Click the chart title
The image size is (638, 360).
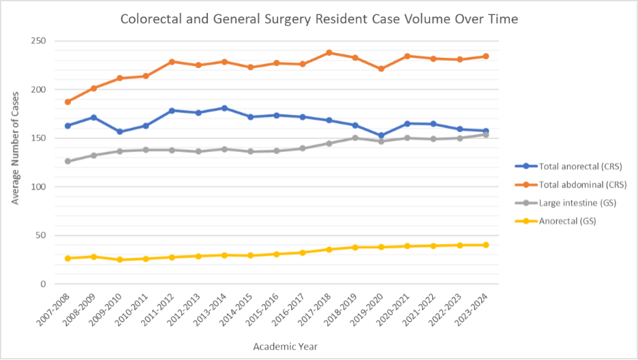[x=319, y=19]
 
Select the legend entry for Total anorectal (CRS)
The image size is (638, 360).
[x=579, y=166]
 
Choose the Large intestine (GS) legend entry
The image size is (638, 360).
[x=577, y=202]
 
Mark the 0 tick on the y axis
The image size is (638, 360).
[x=42, y=284]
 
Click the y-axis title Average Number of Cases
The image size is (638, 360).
[x=16, y=162]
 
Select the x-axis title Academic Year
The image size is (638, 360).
[x=285, y=346]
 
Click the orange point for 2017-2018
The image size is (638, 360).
[x=329, y=52]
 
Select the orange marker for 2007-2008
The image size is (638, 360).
[x=67, y=102]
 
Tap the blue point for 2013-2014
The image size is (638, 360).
[x=224, y=108]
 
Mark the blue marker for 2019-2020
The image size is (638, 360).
[x=381, y=135]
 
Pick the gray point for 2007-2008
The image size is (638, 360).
[x=67, y=161]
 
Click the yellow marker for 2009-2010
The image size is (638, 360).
[x=120, y=260]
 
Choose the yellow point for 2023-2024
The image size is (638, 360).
[x=485, y=245]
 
